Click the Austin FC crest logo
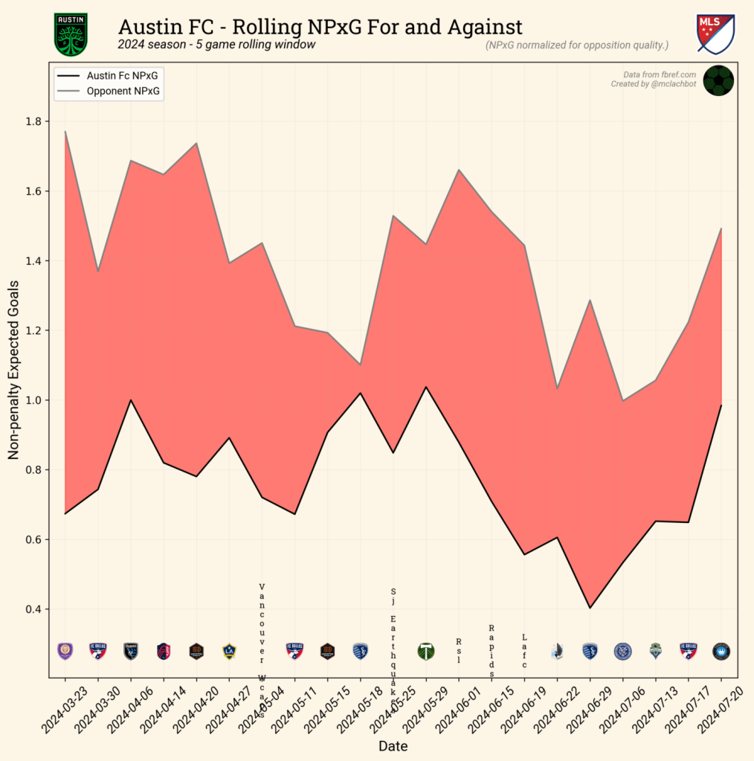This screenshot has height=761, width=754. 71,35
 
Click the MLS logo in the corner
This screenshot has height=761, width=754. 715,33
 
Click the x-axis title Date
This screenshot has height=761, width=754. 393,745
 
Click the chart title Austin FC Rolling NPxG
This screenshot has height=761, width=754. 320,28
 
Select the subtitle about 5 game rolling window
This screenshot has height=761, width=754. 216,45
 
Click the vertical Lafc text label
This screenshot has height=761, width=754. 524,651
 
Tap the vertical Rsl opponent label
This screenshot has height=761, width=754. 459,651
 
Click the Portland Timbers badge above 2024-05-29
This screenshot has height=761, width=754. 426,652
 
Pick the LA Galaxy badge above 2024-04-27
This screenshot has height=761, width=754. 229,651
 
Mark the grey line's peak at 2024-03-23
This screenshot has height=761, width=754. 65,132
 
